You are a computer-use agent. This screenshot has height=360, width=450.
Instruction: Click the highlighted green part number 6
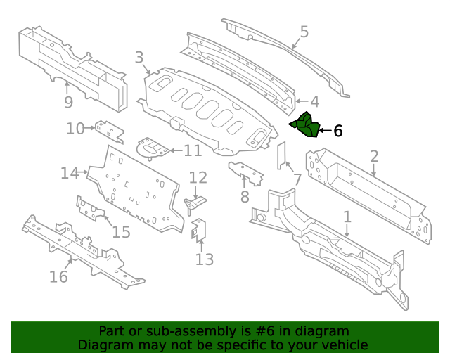(304, 125)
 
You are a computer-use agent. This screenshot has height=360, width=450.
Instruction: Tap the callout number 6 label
(337, 131)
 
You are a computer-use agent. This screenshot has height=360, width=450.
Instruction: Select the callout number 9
(67, 103)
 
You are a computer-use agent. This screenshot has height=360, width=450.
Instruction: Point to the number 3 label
(139, 58)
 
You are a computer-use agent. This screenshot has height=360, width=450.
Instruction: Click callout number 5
(304, 32)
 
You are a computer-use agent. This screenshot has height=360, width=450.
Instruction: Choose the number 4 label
(314, 101)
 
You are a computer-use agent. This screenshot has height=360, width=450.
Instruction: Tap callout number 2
(374, 157)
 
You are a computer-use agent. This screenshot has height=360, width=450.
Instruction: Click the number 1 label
(347, 217)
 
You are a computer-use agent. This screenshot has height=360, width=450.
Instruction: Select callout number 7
(297, 179)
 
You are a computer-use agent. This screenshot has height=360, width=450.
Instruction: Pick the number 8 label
(244, 197)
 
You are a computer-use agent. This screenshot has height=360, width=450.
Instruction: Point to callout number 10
(75, 128)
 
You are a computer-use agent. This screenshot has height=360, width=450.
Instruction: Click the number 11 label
(192, 150)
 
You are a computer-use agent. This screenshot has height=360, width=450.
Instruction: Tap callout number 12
(198, 178)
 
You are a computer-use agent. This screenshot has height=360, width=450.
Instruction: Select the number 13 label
(204, 259)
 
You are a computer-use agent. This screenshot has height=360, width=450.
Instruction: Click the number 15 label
(121, 231)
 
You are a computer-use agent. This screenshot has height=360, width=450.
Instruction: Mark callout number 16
(58, 276)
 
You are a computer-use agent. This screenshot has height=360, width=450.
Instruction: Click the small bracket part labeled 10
(110, 130)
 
